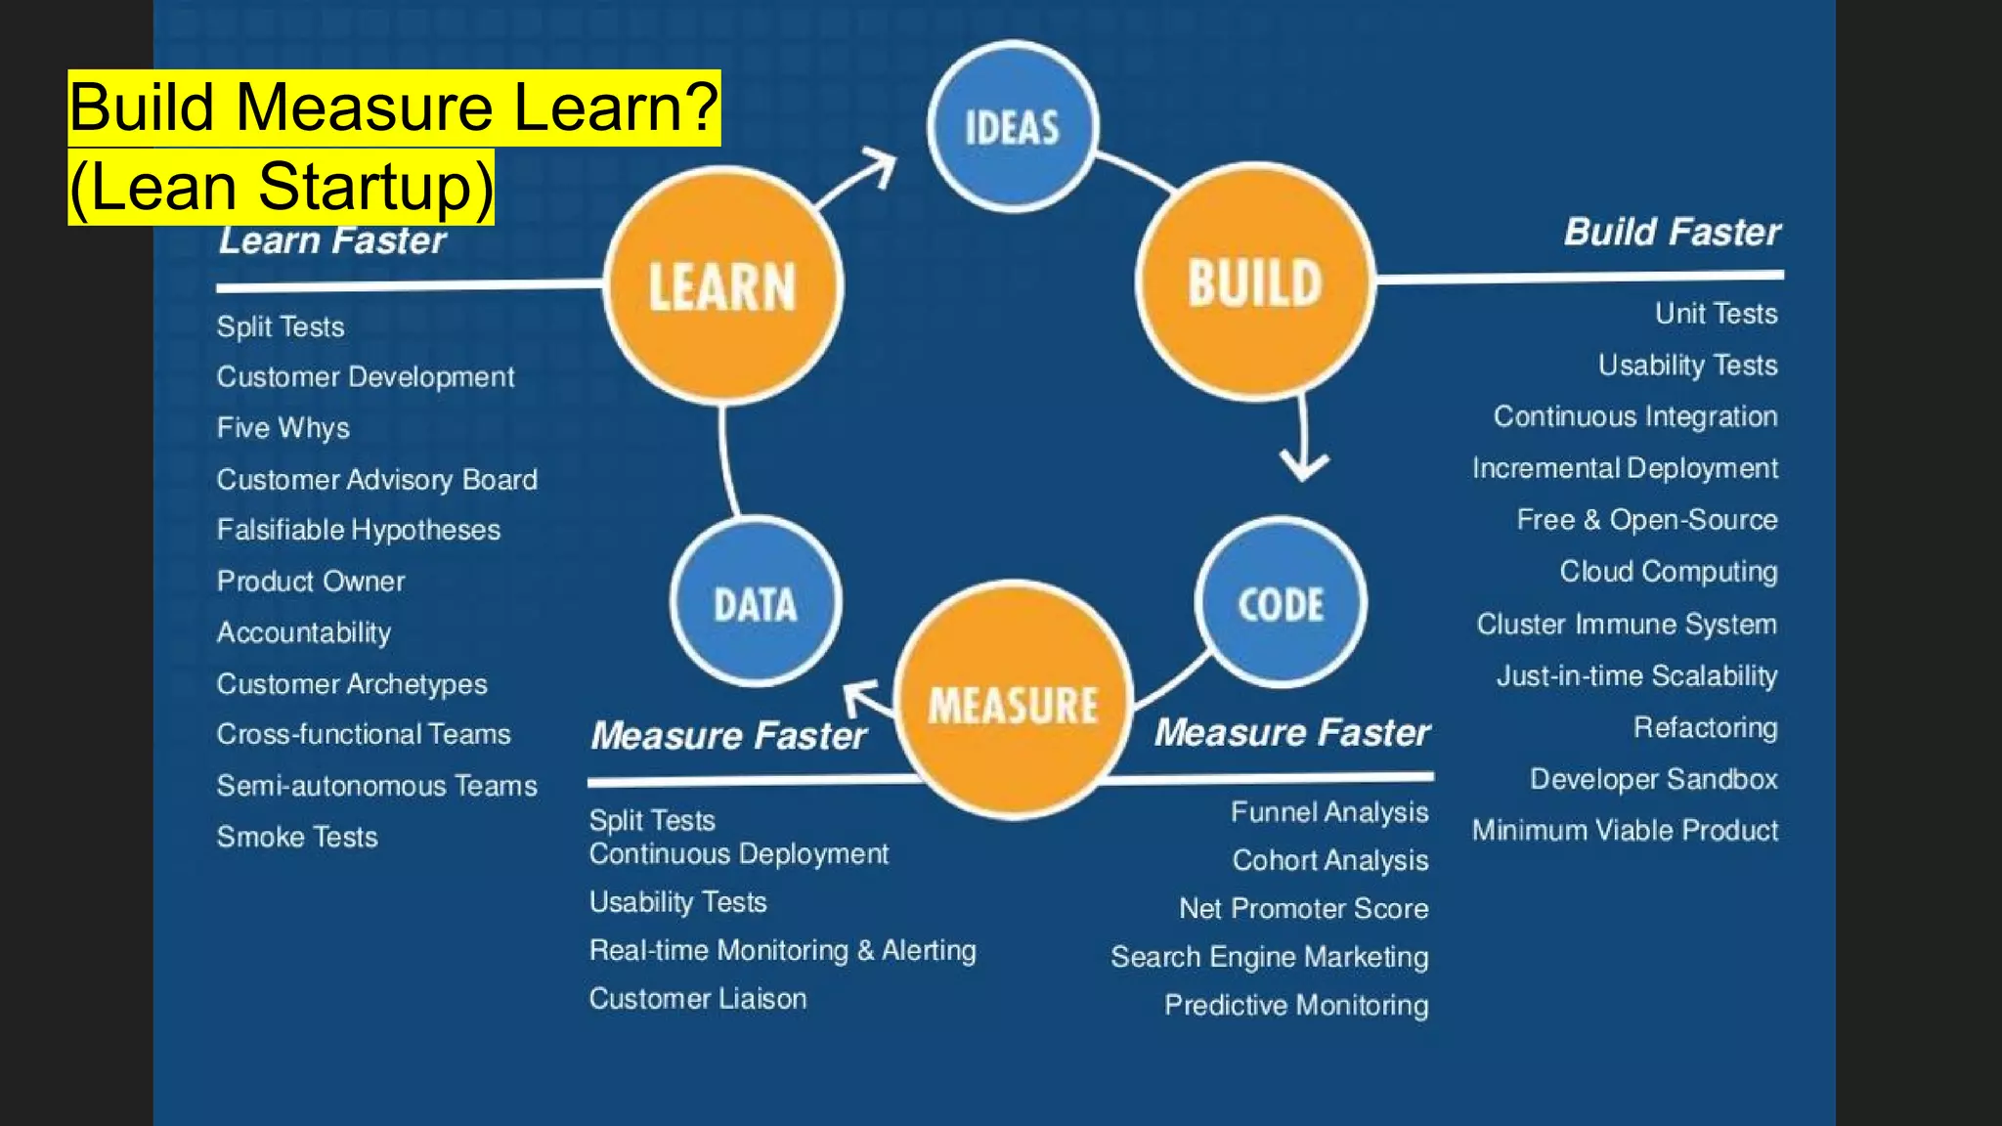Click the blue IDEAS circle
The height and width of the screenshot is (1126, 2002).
1013,127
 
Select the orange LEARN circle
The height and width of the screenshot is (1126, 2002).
723,285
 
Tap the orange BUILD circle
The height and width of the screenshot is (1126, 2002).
1255,282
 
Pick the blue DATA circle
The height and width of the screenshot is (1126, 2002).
756,603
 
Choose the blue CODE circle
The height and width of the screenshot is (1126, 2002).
1281,603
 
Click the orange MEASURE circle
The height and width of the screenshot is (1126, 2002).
1014,702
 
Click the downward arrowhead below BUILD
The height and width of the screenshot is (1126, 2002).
1304,463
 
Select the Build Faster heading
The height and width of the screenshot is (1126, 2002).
1672,233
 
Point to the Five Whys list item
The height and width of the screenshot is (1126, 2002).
283,428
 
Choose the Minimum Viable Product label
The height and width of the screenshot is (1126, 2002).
1625,831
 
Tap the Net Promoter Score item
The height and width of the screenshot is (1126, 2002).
1303,909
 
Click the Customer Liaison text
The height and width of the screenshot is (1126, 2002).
698,999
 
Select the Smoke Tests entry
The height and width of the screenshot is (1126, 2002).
297,838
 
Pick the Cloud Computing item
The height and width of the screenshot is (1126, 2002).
1668,572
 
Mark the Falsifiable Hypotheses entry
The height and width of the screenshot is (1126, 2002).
359,531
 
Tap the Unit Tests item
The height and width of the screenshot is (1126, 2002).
1716,314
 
